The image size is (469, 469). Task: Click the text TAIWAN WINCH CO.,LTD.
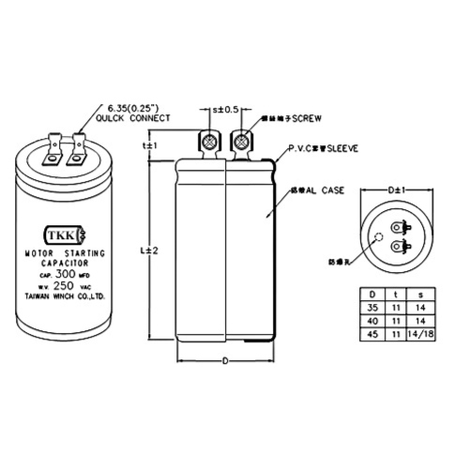coord(65,296)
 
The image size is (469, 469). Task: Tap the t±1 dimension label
coord(147,147)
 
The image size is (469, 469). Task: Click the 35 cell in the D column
coord(372,306)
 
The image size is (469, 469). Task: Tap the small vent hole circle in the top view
coord(380,237)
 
